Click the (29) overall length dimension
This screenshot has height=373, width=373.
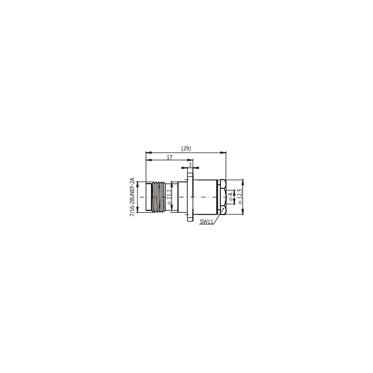click(x=186, y=149)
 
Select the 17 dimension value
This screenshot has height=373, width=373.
click(x=170, y=157)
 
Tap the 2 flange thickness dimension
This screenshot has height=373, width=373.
click(x=190, y=164)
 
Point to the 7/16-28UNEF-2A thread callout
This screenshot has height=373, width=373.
click(x=132, y=197)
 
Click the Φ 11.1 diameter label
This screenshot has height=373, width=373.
click(x=169, y=197)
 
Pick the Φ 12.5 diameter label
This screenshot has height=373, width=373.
click(x=240, y=197)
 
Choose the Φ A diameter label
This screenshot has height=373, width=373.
click(x=231, y=197)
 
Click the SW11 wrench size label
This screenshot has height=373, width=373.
click(x=206, y=221)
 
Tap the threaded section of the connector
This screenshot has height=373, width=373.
click(x=159, y=197)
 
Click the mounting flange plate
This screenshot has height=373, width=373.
click(x=190, y=197)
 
